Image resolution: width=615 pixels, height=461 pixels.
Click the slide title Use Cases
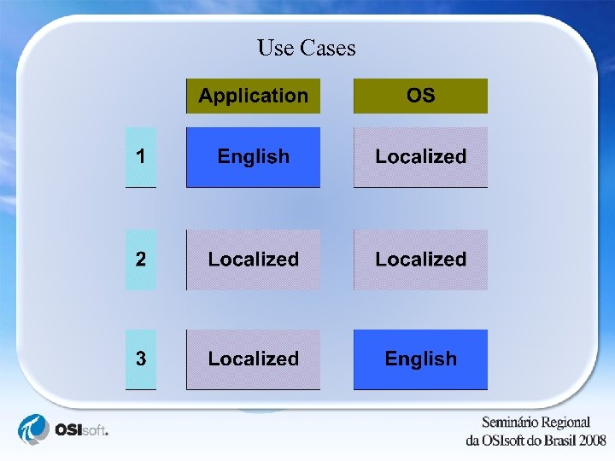click(306, 48)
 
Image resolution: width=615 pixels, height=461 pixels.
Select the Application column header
click(253, 96)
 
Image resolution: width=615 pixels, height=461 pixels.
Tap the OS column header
click(420, 96)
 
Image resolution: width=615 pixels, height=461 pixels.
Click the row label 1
click(141, 157)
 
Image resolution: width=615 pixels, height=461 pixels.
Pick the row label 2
click(141, 260)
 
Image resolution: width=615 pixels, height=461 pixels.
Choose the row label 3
click(141, 359)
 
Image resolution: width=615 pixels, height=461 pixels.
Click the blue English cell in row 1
click(253, 157)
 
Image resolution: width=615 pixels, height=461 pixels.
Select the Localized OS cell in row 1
click(420, 157)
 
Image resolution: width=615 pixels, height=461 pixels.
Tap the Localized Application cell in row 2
click(253, 260)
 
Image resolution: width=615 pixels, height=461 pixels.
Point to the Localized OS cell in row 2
click(420, 260)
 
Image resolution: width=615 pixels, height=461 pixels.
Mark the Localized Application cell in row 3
click(253, 359)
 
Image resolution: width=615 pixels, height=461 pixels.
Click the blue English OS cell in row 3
click(420, 359)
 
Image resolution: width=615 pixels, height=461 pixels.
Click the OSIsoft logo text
click(80, 429)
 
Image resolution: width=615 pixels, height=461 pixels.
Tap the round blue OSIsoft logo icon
click(35, 429)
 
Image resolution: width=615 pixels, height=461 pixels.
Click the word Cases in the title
click(327, 48)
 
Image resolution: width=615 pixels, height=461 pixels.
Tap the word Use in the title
click(275, 48)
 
